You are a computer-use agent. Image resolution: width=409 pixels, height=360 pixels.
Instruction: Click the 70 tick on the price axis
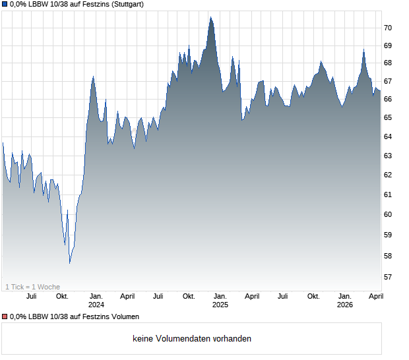pyautogui.click(x=388, y=28)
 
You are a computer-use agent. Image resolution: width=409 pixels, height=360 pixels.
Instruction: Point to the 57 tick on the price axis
pyautogui.click(x=388, y=277)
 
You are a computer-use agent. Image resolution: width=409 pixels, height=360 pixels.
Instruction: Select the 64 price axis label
pyautogui.click(x=388, y=136)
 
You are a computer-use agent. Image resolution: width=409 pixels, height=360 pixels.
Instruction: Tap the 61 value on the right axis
pyautogui.click(x=388, y=195)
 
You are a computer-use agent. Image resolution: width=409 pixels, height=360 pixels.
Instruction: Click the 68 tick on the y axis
pyautogui.click(x=388, y=63)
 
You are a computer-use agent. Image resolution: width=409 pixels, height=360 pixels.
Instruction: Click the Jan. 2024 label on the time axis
pyautogui.click(x=96, y=301)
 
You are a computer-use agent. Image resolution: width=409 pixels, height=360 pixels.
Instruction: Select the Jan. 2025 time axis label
pyautogui.click(x=220, y=301)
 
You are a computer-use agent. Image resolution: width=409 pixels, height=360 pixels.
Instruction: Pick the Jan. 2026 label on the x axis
pyautogui.click(x=344, y=301)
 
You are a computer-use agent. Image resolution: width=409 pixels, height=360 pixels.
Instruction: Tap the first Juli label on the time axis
pyautogui.click(x=31, y=297)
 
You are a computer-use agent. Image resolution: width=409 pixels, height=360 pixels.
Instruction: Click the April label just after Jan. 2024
pyautogui.click(x=127, y=297)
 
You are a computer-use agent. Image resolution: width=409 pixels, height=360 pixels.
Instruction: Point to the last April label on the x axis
pyautogui.click(x=375, y=297)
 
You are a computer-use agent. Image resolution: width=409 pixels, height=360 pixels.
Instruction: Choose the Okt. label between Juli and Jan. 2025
pyautogui.click(x=189, y=297)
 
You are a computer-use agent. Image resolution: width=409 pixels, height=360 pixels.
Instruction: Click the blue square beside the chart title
pyautogui.click(x=5, y=5)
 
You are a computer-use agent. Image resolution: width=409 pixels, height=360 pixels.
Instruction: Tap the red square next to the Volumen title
pyautogui.click(x=5, y=317)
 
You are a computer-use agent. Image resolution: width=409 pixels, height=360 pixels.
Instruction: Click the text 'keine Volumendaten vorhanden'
pyautogui.click(x=192, y=339)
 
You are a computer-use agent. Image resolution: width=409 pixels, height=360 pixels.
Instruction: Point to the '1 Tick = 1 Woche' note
pyautogui.click(x=33, y=287)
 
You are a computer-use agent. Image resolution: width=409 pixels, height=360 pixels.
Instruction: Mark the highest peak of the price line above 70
pyautogui.click(x=210, y=17)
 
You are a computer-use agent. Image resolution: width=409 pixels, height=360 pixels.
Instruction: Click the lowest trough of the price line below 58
pyautogui.click(x=70, y=263)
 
